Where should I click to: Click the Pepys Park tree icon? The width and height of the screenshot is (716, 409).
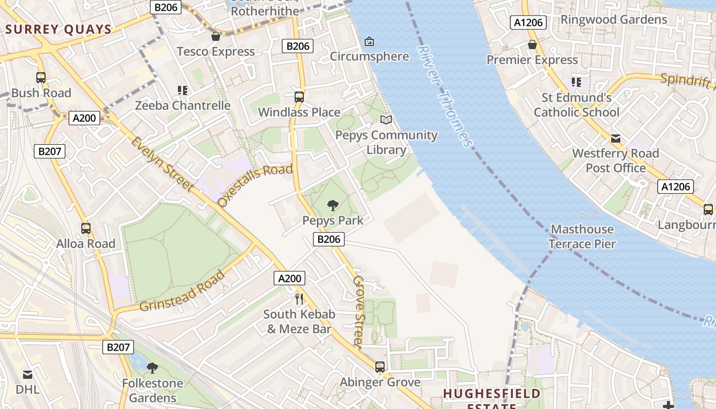pos(333,206)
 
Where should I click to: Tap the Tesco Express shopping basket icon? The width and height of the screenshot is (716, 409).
pos(216,36)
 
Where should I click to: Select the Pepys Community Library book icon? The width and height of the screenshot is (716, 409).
pos(386,120)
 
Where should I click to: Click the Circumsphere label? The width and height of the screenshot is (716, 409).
pos(369,56)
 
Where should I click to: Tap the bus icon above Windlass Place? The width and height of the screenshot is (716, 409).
pos(299,97)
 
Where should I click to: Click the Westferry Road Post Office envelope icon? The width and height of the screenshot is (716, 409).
pos(616,139)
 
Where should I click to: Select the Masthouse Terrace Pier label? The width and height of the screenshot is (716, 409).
pos(582,236)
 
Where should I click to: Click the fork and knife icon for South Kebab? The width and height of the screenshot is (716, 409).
pos(299,299)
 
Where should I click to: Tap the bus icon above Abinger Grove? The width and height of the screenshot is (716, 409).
pos(380,367)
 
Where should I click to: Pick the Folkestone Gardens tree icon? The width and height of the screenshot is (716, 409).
pos(152,368)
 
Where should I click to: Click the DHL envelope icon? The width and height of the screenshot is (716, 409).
pos(28,375)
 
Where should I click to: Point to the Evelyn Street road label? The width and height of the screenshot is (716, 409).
pos(162,164)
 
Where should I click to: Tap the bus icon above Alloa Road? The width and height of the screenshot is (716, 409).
pos(86,229)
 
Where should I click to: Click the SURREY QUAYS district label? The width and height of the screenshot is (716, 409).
pos(59,29)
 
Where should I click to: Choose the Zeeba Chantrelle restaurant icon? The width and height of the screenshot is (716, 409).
pos(183,90)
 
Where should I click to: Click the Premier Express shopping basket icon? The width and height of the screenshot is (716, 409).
pos(532,44)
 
